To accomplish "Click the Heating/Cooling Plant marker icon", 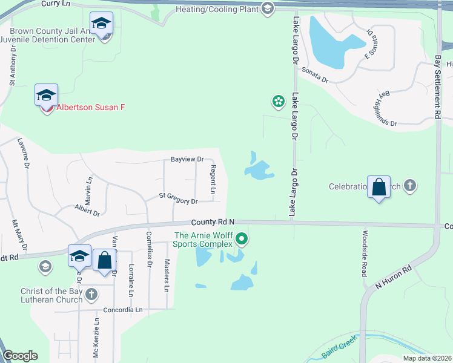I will pos(268,8).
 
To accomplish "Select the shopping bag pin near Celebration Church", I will pos(379,188).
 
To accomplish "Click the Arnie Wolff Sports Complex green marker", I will pos(242,239).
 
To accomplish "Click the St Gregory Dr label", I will pos(178,198).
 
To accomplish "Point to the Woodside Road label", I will pos(365,253).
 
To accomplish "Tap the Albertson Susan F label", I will pos(90,107).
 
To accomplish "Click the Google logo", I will pos(20,356).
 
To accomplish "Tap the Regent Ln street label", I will pos(213,180).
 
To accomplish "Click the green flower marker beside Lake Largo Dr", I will pos(278,101).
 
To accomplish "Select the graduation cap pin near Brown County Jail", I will pos(101,24).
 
